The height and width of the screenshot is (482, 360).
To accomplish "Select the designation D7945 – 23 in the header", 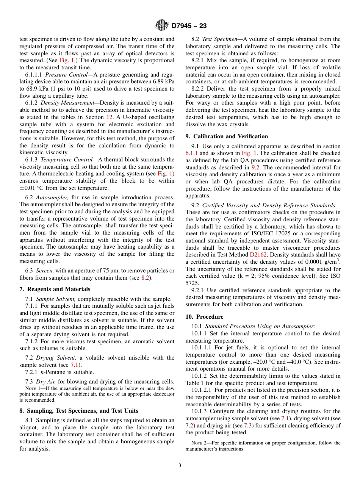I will (189, 26).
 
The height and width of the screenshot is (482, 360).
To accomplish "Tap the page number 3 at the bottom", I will (180, 466).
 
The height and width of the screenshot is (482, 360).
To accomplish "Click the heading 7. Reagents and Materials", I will (55, 289).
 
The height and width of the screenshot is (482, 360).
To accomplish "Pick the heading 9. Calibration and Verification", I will (227, 136).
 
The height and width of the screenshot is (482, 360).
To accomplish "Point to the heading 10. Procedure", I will (204, 317).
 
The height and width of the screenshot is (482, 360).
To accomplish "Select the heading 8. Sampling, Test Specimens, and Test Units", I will (78, 411).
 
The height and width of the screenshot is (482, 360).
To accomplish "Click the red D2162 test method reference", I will (258, 255).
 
